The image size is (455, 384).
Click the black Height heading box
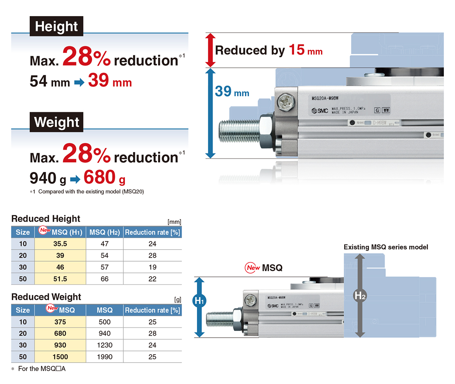[x=56, y=26]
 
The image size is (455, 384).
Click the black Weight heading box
[x=56, y=122]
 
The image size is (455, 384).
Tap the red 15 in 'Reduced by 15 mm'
[x=297, y=50]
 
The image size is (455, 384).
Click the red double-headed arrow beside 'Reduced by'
[x=211, y=50]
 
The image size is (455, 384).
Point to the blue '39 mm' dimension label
[x=232, y=91]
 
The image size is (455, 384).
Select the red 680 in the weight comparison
[x=100, y=177]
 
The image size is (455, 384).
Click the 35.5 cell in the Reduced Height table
[x=60, y=244]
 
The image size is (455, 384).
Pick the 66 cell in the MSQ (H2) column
[x=105, y=279]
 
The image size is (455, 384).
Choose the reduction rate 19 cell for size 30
[x=152, y=267]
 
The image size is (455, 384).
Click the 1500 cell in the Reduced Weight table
[x=60, y=357]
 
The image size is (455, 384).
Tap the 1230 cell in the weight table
[x=105, y=345]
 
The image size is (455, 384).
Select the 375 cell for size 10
[x=60, y=322]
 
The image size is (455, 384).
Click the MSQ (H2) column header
[x=105, y=232]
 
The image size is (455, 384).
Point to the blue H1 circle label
[x=199, y=301]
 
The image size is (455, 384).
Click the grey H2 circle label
[x=360, y=296]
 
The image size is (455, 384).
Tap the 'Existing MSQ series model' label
[x=386, y=247]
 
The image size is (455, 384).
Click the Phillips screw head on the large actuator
[x=286, y=102]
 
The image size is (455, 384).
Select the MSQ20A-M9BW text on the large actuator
[x=325, y=98]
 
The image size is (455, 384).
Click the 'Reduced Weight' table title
[x=46, y=297]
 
